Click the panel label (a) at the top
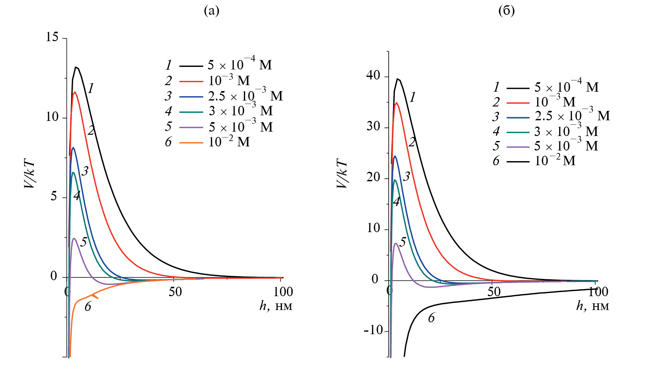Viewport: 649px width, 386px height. click(x=211, y=11)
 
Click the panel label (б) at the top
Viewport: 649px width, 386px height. click(x=506, y=11)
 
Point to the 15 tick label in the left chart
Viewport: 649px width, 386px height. click(x=52, y=37)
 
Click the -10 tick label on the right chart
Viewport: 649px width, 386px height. click(x=374, y=330)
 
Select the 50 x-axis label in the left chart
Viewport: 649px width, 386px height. click(x=175, y=292)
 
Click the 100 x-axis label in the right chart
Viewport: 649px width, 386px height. click(x=598, y=292)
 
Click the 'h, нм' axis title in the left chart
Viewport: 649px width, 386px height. click(x=276, y=306)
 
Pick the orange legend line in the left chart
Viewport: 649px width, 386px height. click(x=191, y=143)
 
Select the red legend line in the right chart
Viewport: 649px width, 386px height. click(x=518, y=102)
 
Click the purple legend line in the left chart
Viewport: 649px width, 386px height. click(x=191, y=127)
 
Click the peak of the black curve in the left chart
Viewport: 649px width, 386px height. click(x=76, y=67)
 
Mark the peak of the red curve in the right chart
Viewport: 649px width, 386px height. click(x=397, y=103)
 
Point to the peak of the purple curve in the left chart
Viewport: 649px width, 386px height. click(x=74, y=238)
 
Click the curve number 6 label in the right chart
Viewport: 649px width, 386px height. click(x=431, y=318)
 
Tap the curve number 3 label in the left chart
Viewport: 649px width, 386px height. click(x=85, y=171)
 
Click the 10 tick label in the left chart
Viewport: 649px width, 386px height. click(x=52, y=117)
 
